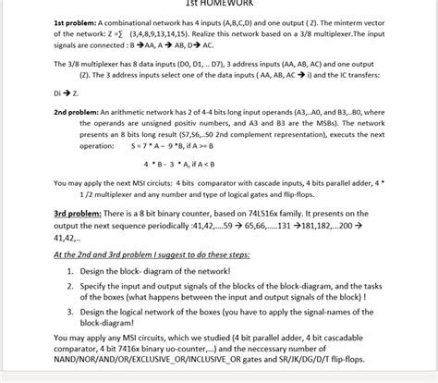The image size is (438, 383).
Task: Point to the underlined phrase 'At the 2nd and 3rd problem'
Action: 110,253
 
